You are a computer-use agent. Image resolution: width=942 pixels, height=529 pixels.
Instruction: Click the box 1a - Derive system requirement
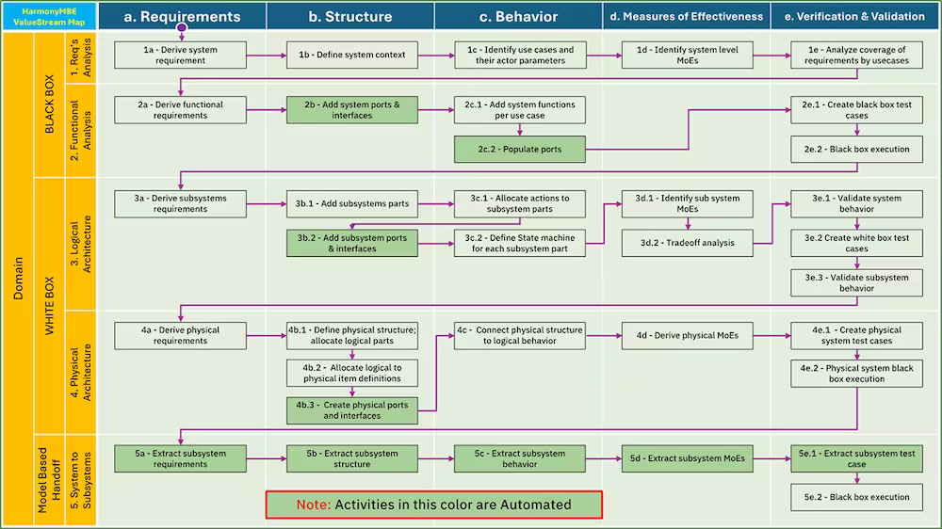tap(174, 55)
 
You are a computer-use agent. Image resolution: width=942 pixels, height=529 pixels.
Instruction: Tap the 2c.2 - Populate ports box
tap(519, 149)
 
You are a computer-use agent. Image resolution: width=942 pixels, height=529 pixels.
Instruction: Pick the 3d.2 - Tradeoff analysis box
tap(687, 243)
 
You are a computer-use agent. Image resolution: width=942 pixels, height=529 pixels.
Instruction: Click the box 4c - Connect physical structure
tap(519, 335)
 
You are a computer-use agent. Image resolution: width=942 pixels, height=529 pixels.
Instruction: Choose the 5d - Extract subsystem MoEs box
tap(687, 458)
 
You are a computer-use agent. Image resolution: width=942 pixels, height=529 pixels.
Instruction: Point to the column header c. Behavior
tap(518, 16)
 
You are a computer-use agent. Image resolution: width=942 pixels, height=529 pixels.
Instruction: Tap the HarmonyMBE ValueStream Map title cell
tap(49, 16)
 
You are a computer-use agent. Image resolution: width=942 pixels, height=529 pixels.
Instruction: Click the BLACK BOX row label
tap(49, 105)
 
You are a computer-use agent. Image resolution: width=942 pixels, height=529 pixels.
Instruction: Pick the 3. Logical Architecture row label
tap(81, 243)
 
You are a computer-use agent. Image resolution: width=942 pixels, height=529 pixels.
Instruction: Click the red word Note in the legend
tap(313, 505)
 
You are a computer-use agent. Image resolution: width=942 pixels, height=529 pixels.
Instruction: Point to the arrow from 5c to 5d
tap(603, 458)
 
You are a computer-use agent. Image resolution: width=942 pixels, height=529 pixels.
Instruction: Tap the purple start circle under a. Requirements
tap(182, 27)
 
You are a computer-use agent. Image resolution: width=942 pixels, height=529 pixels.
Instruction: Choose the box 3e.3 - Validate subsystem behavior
tap(856, 283)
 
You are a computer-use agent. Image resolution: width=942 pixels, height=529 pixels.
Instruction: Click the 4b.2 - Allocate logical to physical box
tap(352, 373)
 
